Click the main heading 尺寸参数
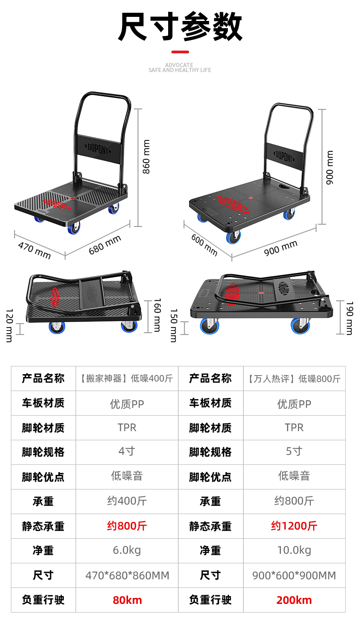click(x=180, y=27)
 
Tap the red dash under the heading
click(x=180, y=52)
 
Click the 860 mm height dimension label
click(x=146, y=157)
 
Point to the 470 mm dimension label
click(x=34, y=250)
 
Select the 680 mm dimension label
click(x=105, y=245)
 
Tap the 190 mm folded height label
click(x=350, y=318)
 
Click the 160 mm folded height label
click(x=157, y=314)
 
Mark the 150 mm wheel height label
click(x=174, y=325)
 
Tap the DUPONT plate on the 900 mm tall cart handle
click(x=284, y=156)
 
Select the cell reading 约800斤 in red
click(x=127, y=526)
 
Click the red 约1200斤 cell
click(x=294, y=526)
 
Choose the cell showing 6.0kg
click(x=127, y=551)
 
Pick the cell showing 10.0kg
click(x=294, y=551)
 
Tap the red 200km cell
click(x=294, y=600)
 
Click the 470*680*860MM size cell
click(x=127, y=575)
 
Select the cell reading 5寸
click(x=294, y=452)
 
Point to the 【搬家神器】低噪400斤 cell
click(x=127, y=378)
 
